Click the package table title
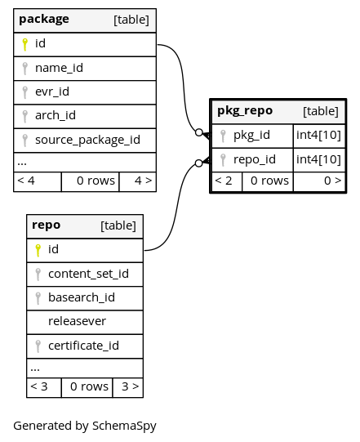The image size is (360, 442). [44, 20]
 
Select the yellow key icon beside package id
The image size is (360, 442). [24, 45]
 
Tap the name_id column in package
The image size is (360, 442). [59, 68]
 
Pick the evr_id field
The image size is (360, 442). [52, 92]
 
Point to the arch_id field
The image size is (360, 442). [56, 115]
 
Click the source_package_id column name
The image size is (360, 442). [87, 140]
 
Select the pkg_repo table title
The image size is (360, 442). [245, 111]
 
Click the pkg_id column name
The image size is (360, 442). [251, 136]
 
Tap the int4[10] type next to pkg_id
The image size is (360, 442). [318, 136]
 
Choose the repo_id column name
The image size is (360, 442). [255, 160]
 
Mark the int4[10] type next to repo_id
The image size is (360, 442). [318, 160]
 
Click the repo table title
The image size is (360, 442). [47, 225]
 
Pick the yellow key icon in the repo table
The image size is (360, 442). [38, 250]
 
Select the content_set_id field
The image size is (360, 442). [88, 274]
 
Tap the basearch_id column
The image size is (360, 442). [82, 297]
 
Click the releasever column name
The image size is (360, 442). [77, 321]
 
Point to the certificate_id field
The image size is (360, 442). [83, 346]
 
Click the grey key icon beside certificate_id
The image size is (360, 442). [38, 346]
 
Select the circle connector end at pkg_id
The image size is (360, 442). [199, 132]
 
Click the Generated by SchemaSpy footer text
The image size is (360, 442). [85, 426]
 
